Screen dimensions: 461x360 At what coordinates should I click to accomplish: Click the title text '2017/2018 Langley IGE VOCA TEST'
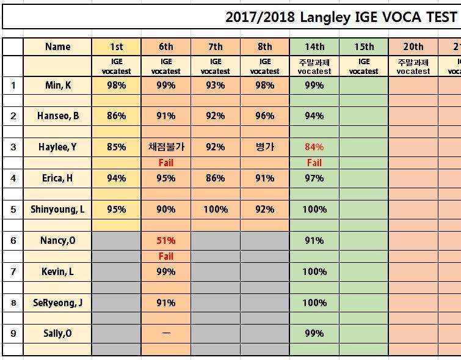341,17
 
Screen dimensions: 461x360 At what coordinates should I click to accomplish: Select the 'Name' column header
57,47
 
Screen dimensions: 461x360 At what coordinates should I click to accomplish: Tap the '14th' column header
314,47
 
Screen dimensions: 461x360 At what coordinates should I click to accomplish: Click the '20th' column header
413,47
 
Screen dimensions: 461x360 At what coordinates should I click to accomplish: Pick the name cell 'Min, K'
58,86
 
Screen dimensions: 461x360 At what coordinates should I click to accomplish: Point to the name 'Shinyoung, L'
57,209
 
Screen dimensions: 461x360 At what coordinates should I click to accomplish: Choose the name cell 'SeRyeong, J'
57,303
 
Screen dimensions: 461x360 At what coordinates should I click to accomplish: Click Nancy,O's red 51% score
166,241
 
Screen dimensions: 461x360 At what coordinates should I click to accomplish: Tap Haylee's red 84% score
314,147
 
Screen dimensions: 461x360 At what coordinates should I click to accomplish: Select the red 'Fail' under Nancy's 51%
166,256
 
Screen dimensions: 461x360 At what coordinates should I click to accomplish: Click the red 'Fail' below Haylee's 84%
314,163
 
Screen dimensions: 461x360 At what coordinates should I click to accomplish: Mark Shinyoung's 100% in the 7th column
216,209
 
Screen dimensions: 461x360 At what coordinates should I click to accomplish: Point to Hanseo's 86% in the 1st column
117,116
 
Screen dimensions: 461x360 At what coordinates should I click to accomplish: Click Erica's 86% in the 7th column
216,178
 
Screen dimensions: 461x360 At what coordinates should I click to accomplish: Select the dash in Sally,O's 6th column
166,333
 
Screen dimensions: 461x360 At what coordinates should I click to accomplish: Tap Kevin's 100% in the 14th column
314,272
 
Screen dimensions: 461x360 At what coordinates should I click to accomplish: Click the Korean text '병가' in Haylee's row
265,147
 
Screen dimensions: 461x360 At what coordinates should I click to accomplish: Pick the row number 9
13,334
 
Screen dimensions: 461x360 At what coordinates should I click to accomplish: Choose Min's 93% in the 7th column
216,86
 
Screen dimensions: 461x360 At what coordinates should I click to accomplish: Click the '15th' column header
364,47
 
